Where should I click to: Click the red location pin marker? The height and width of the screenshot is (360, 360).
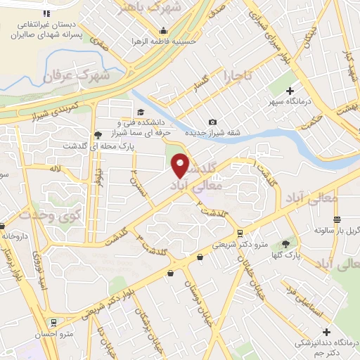click(x=180, y=165)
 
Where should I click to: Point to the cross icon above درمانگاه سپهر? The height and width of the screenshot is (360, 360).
click(x=291, y=91)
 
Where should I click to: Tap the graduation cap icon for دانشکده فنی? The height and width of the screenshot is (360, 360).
click(x=141, y=112)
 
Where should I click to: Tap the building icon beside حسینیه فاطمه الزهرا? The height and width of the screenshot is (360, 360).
click(x=163, y=30)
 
